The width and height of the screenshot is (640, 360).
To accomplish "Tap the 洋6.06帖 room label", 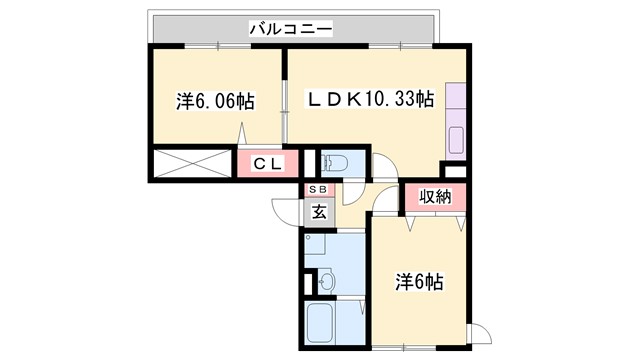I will pyautogui.click(x=215, y=101).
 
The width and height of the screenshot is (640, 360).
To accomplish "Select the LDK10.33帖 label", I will pyautogui.click(x=370, y=100).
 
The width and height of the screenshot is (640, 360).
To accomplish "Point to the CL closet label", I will pyautogui.click(x=265, y=163).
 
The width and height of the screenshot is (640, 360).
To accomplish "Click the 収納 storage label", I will pyautogui.click(x=436, y=197).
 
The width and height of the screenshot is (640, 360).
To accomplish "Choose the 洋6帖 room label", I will pyautogui.click(x=420, y=282).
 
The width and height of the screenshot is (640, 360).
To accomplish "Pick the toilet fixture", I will pyautogui.click(x=334, y=163).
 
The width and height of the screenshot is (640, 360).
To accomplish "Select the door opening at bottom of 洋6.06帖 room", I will pyautogui.click(x=241, y=136).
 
